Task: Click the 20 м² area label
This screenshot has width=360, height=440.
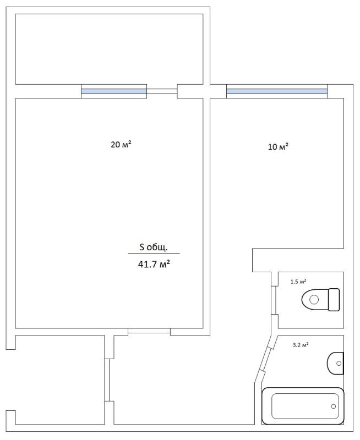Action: (121, 145)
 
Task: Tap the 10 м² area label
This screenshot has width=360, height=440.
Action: (279, 147)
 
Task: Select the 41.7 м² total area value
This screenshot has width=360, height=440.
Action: (154, 264)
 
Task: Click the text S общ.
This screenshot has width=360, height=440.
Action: (154, 247)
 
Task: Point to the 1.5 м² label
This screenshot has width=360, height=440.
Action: (298, 282)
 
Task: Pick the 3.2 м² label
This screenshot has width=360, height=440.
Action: (301, 345)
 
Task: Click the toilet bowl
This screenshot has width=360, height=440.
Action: (315, 300)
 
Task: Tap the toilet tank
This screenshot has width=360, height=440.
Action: (334, 300)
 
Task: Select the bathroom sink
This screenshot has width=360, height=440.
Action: (335, 364)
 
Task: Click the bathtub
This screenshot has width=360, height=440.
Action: (303, 406)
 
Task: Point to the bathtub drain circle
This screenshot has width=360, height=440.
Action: (334, 406)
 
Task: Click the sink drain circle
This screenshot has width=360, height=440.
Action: (339, 364)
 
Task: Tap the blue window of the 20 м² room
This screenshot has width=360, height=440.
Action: (114, 91)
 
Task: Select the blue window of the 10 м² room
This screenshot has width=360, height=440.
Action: (277, 91)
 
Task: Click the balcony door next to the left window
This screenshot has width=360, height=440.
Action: (162, 91)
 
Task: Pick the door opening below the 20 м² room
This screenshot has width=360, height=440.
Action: (149, 331)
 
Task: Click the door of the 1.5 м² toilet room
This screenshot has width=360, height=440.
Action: (274, 300)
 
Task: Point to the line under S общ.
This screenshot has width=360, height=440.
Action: (154, 253)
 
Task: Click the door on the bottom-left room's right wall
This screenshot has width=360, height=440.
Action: (107, 380)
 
